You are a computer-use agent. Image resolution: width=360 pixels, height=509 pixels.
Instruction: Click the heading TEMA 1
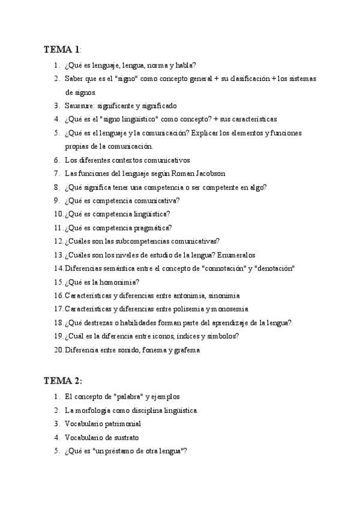(62, 49)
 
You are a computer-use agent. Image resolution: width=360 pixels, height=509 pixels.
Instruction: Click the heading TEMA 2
(62, 381)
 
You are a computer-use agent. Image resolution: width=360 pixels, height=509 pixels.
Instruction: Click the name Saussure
(79, 106)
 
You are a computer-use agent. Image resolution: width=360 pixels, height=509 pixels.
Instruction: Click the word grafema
(184, 350)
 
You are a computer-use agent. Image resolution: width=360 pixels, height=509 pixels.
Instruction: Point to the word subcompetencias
(140, 241)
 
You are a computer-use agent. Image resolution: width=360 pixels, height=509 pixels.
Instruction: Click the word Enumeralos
(240, 254)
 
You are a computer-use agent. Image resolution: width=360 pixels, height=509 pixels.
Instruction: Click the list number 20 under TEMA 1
(58, 350)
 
